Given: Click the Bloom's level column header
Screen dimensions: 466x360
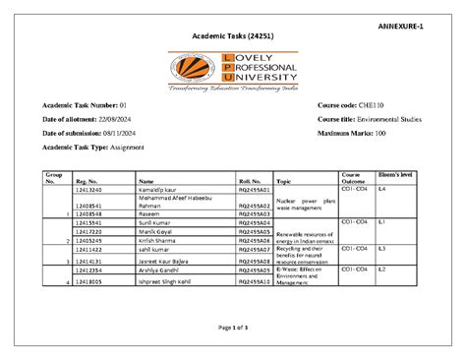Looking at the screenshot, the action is pos(396,174).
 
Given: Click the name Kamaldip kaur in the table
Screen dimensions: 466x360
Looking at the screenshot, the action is pos(156,189).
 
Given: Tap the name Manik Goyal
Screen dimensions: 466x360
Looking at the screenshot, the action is pos(154,231).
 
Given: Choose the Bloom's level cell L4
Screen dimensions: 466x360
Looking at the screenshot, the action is pos(383,188).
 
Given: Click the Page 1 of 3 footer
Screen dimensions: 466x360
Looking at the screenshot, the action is pos(232,327).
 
